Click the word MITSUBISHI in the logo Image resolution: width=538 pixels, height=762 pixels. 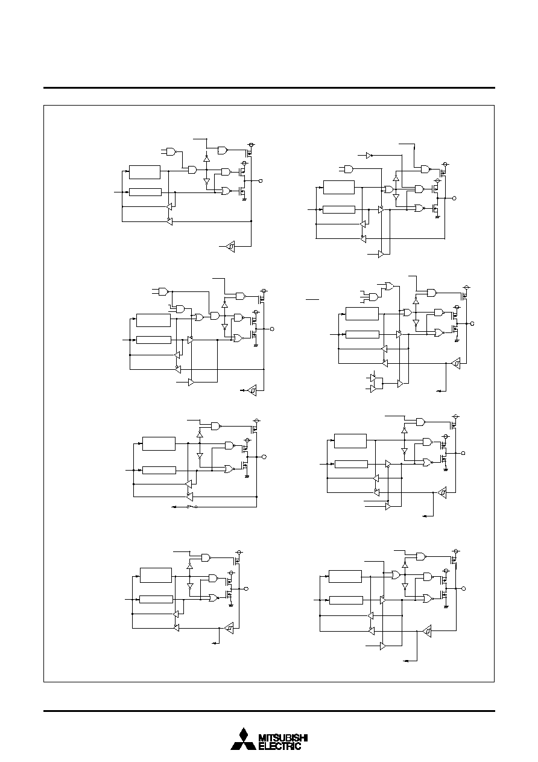(x=283, y=737)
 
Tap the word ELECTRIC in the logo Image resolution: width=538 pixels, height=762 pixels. (x=280, y=746)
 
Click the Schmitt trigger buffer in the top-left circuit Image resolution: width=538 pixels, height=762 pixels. (x=230, y=246)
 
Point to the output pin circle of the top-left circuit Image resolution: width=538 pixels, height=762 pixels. (x=261, y=181)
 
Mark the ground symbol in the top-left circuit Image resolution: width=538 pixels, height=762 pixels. (x=244, y=200)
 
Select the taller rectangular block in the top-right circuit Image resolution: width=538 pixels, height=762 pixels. (x=339, y=188)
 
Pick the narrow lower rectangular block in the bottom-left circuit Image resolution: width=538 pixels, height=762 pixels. (x=156, y=599)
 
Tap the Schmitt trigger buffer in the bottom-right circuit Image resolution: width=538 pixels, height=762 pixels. (x=427, y=632)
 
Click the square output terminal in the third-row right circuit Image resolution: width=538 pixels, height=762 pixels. (x=463, y=453)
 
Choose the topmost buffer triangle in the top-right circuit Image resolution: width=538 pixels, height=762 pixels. (x=369, y=156)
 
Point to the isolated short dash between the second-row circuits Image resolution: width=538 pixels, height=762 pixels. (x=312, y=299)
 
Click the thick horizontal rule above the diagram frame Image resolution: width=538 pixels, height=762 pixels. (x=269, y=88)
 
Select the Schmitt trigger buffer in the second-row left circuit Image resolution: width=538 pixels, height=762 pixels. (x=252, y=390)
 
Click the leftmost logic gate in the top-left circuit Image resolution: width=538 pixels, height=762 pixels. (x=171, y=151)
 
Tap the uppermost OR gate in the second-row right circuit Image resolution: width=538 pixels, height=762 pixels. (x=389, y=286)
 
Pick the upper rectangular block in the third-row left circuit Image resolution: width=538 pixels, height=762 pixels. (x=159, y=443)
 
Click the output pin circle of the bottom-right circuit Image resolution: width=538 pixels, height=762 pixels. (x=463, y=588)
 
